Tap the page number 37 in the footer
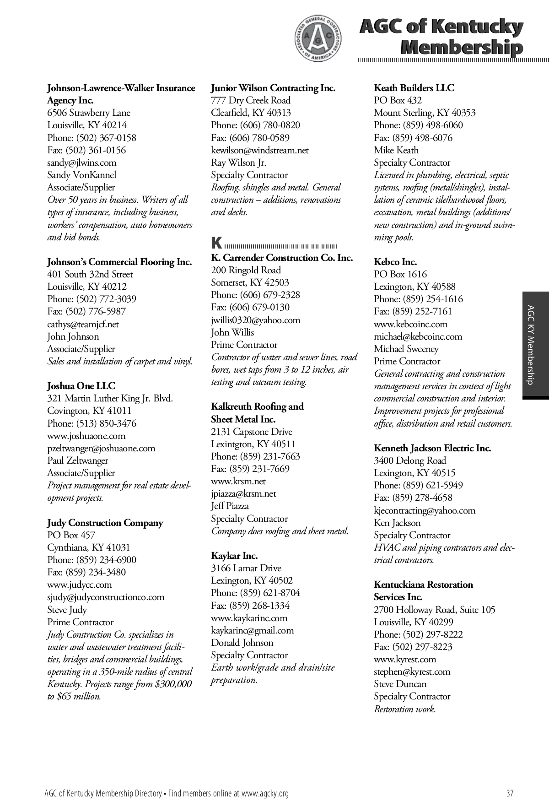510,793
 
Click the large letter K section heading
217,243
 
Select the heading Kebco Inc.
395,262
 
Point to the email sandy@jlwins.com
82,162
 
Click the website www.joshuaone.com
86,436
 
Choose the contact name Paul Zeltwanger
78,460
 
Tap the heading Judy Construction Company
105,523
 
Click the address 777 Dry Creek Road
251,100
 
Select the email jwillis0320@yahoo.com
256,320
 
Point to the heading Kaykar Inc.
234,556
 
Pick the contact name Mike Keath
396,150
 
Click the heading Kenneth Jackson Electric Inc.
432,448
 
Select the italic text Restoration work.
405,709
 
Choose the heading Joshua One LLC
81,386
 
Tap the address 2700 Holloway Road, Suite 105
434,610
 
